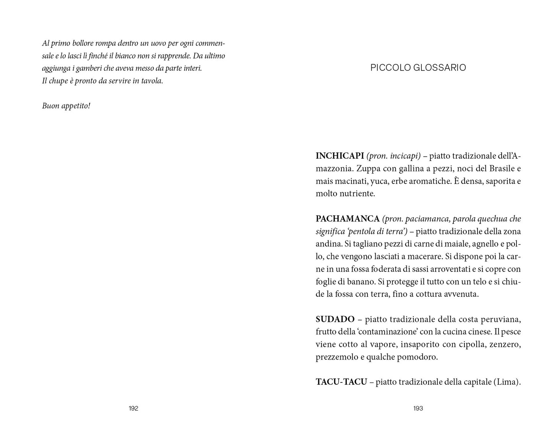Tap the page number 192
tap(133, 408)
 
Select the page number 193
tap(418, 408)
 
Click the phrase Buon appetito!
tap(66, 106)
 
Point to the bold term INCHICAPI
tap(340, 156)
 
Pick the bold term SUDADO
tap(335, 319)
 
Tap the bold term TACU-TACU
tap(341, 382)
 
